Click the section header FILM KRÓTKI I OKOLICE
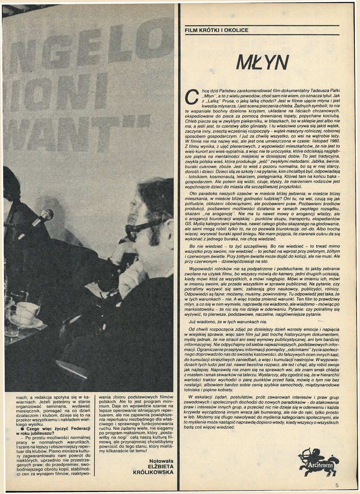[216, 30]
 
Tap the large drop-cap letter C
[192, 96]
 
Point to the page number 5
[337, 485]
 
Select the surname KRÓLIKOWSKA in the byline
[153, 473]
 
